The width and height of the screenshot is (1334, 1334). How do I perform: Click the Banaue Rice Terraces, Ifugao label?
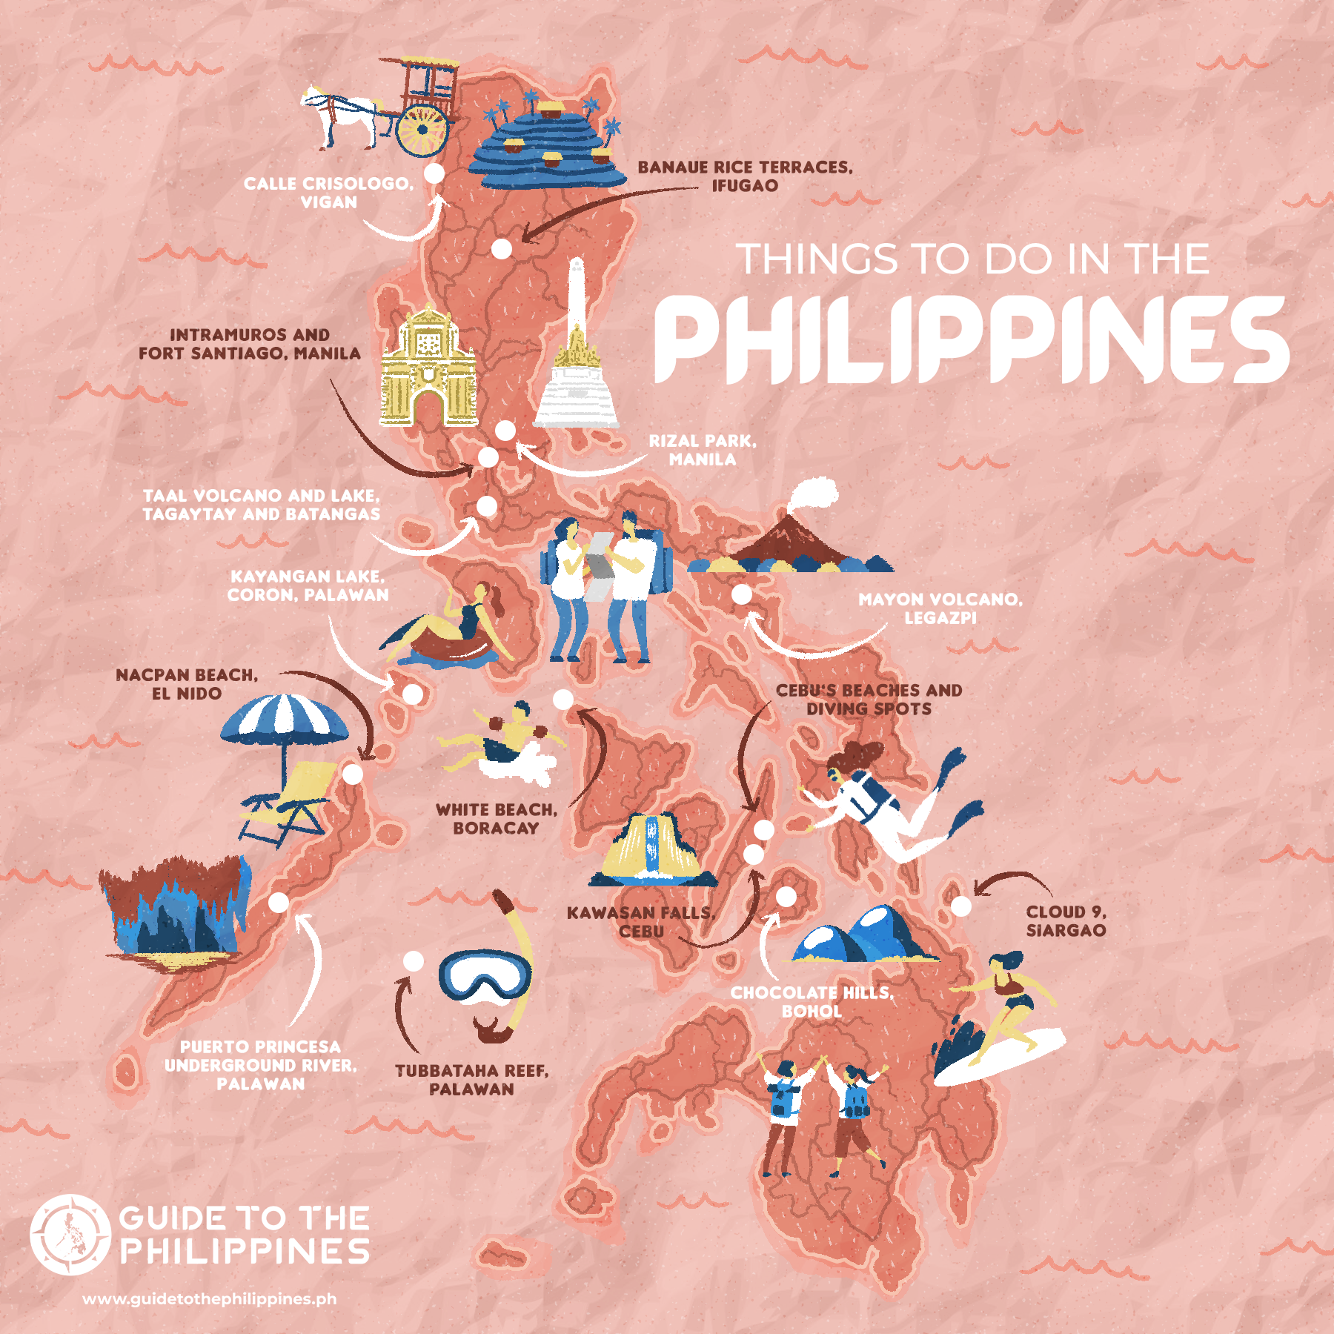pyautogui.click(x=745, y=176)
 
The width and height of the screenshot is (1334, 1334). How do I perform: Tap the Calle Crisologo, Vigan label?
pyautogui.click(x=328, y=193)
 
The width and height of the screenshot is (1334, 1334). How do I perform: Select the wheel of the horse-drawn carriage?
pyautogui.click(x=422, y=130)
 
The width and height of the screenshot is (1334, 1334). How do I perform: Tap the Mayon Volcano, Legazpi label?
pyautogui.click(x=940, y=608)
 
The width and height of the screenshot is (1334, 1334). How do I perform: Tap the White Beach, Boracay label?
pyautogui.click(x=496, y=819)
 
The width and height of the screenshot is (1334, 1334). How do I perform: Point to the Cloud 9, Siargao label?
pyautogui.click(x=1066, y=921)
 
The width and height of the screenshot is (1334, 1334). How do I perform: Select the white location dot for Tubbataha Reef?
pyautogui.click(x=413, y=961)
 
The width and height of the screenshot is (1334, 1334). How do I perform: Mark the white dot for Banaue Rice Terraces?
pyautogui.click(x=502, y=248)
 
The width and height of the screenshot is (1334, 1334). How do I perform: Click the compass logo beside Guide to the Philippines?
pyautogui.click(x=70, y=1235)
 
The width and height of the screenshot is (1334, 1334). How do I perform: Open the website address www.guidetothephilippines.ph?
pyautogui.click(x=209, y=1299)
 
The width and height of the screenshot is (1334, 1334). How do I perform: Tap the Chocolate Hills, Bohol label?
pyautogui.click(x=812, y=1002)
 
